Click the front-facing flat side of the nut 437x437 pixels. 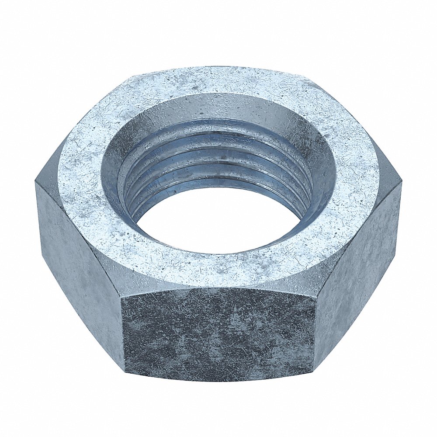[218, 334]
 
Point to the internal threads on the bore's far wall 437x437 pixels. [218, 149]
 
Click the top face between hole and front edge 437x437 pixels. [218, 269]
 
